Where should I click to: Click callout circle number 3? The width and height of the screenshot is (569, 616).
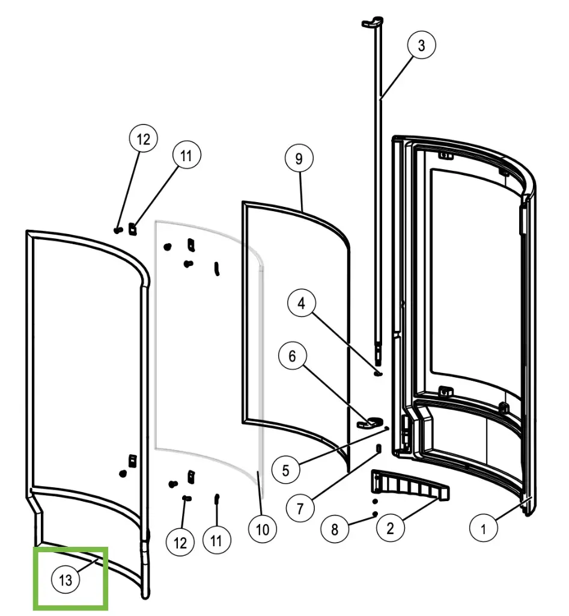421,46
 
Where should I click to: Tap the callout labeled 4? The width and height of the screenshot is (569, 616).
301,304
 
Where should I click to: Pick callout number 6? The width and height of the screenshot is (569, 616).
292,357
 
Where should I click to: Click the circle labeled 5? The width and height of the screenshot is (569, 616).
285,470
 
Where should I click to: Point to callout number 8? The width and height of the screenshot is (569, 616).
335,529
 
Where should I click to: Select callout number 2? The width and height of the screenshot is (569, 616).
390,529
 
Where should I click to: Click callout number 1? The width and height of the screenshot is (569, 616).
482,529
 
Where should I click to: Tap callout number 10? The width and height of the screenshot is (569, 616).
262,529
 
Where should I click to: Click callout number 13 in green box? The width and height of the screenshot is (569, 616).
65,580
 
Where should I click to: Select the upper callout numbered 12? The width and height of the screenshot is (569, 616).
143,140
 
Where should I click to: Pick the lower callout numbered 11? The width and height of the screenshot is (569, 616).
216,540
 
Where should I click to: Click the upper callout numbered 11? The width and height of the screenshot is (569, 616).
186,155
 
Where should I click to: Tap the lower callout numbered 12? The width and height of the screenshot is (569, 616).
180,543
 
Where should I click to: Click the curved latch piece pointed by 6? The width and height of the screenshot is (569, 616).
370,422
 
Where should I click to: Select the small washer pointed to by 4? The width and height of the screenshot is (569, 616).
377,372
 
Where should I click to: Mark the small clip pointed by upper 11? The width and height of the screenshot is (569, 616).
132,229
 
